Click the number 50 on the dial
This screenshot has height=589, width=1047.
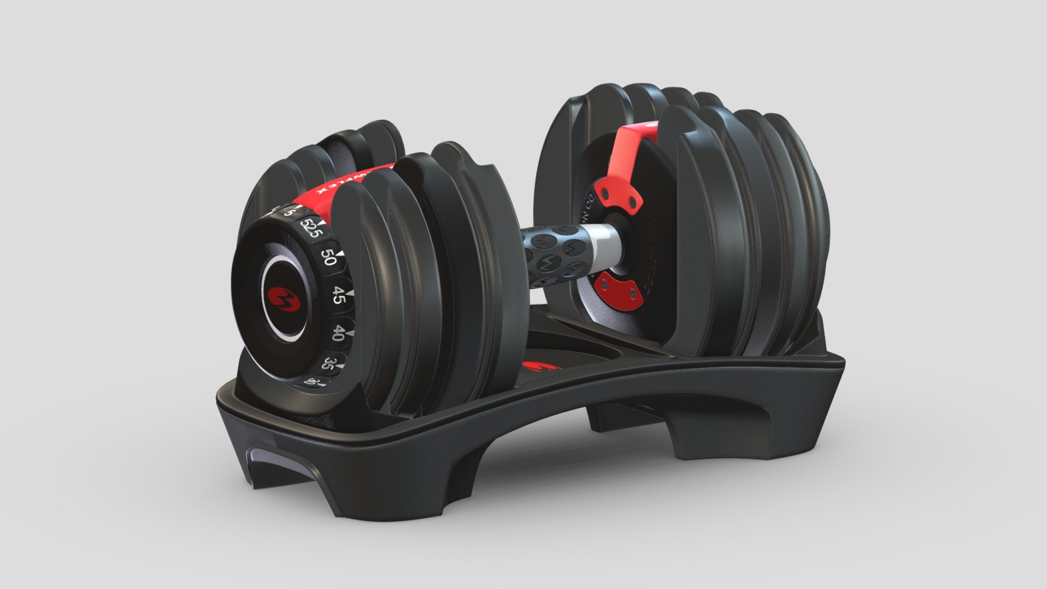pos(328,257)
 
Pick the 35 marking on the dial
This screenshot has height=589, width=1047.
pos(328,363)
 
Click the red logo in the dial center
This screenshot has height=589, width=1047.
pos(281,298)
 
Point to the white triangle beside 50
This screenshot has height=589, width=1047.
pos(341,254)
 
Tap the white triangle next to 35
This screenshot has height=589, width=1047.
pos(340,366)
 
